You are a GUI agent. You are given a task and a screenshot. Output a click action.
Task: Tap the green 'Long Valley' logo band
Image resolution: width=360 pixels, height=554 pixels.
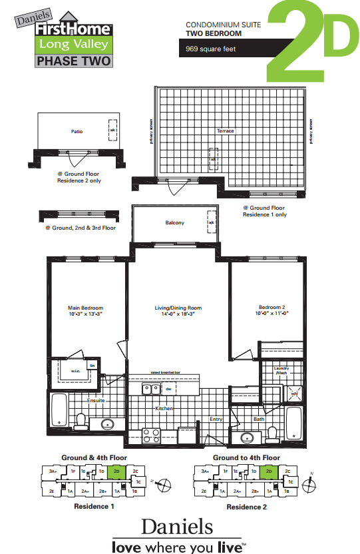[x=73, y=45]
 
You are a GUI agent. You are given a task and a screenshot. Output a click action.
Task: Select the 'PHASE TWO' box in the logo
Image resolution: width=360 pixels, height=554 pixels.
[x=73, y=61]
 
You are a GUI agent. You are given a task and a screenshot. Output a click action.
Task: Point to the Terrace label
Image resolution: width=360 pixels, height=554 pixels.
[x=226, y=131]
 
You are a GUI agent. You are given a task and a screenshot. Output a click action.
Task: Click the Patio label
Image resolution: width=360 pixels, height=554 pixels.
[x=77, y=132]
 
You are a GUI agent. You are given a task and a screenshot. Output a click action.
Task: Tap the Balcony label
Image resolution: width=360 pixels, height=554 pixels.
[x=175, y=223]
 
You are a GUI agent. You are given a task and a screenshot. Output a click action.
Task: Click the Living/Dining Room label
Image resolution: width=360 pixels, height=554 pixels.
[x=178, y=308]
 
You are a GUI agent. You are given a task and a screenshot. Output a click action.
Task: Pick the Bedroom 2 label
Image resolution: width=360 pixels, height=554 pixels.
[x=271, y=308]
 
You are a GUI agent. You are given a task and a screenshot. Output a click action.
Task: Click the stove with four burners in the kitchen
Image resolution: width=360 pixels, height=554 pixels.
[x=152, y=436]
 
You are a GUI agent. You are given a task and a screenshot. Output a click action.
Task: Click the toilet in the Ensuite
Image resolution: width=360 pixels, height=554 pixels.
[x=81, y=421]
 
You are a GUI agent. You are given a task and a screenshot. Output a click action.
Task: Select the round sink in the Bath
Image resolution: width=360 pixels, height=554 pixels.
[x=248, y=437]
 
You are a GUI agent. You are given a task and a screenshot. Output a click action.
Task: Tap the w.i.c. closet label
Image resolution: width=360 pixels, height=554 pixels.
[x=75, y=371]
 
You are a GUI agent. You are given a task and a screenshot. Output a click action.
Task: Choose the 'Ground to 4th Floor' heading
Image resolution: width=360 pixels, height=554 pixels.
[x=246, y=458]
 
